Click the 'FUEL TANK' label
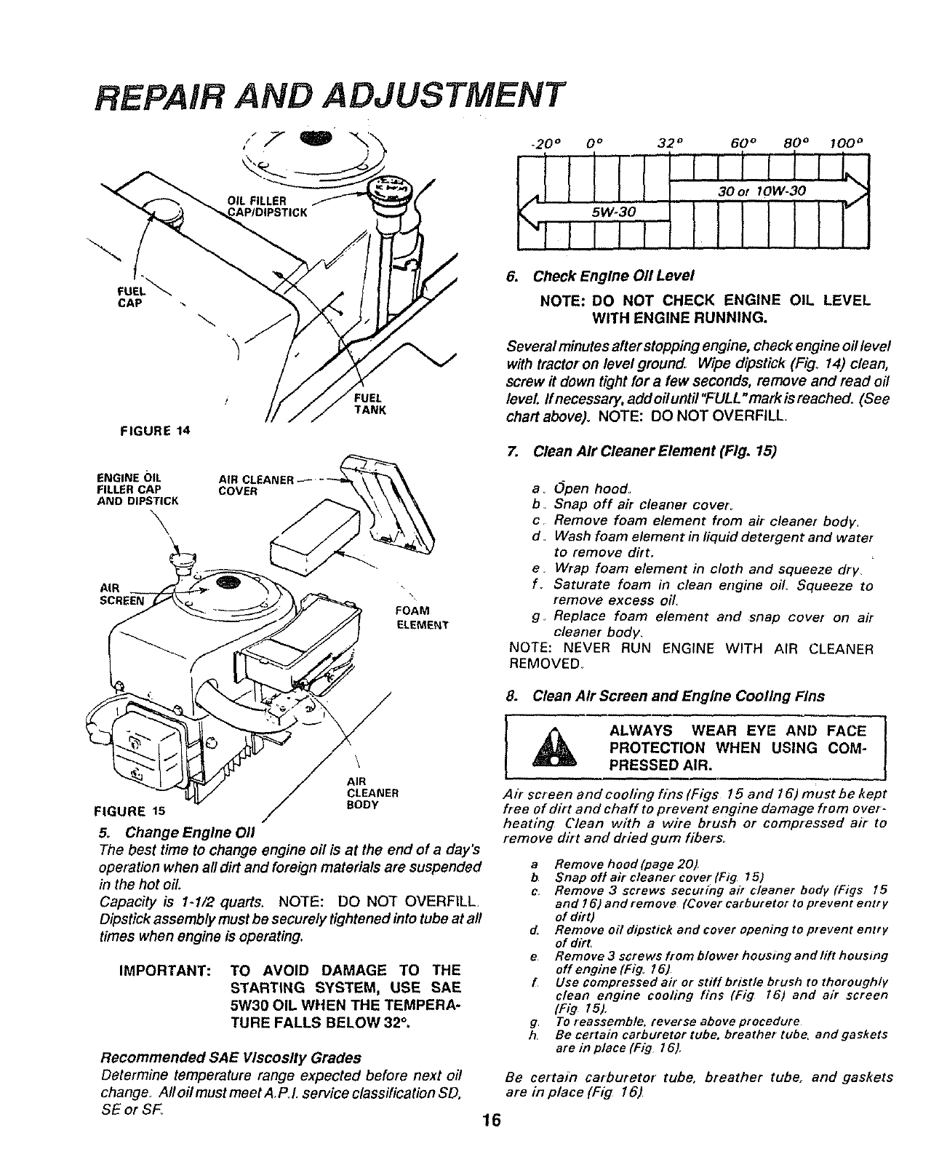point(368,404)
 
